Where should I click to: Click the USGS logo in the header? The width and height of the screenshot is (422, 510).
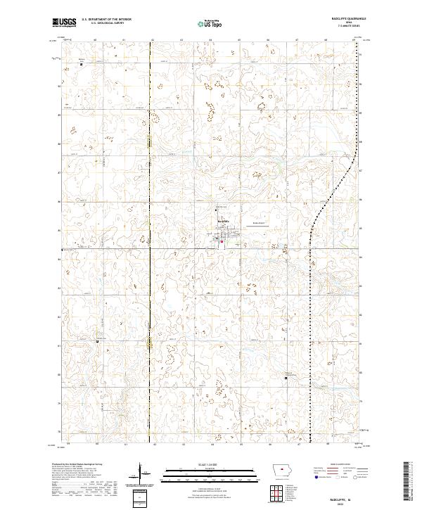coord(65,23)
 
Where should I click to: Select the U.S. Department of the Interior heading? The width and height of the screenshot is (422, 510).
coord(105,20)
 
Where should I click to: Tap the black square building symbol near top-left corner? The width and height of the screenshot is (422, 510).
coord(80,64)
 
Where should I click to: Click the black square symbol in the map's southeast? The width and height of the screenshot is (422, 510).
coord(286,378)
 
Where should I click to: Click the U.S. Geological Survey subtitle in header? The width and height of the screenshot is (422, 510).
coord(102,24)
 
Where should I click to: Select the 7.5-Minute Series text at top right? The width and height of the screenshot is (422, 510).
coord(354,27)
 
